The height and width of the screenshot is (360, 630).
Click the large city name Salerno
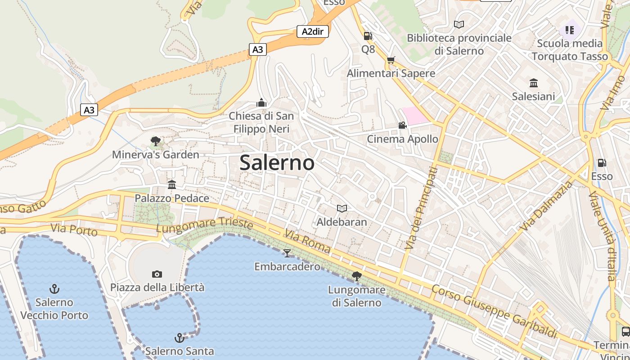(x=277, y=162)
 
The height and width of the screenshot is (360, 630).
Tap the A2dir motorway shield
(x=312, y=31)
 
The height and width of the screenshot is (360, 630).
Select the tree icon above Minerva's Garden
(x=156, y=141)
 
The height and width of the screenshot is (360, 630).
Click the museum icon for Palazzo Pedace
(x=171, y=184)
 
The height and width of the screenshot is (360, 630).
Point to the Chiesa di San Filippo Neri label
(x=261, y=122)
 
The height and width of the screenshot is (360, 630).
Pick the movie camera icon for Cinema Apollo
(x=402, y=125)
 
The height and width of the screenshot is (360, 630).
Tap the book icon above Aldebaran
(x=342, y=208)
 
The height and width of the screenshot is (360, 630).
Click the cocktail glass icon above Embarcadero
(x=287, y=253)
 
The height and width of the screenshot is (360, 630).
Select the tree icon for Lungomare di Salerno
(x=357, y=276)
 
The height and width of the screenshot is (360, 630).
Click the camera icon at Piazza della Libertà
(x=157, y=274)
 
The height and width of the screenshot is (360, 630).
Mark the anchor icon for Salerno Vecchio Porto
(x=54, y=288)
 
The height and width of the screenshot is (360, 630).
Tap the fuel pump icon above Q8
(x=368, y=36)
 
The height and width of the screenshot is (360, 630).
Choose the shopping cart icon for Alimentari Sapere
(x=391, y=60)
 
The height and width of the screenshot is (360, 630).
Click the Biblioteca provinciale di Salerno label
(x=459, y=44)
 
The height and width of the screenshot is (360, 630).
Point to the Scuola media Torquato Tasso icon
(x=570, y=30)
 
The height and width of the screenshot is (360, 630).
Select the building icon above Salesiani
(x=534, y=83)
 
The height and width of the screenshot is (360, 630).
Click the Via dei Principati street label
(x=421, y=208)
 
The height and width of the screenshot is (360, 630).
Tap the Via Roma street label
(x=307, y=241)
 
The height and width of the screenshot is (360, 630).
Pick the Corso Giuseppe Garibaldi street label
(x=494, y=311)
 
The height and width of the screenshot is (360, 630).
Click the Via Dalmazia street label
(x=546, y=206)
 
